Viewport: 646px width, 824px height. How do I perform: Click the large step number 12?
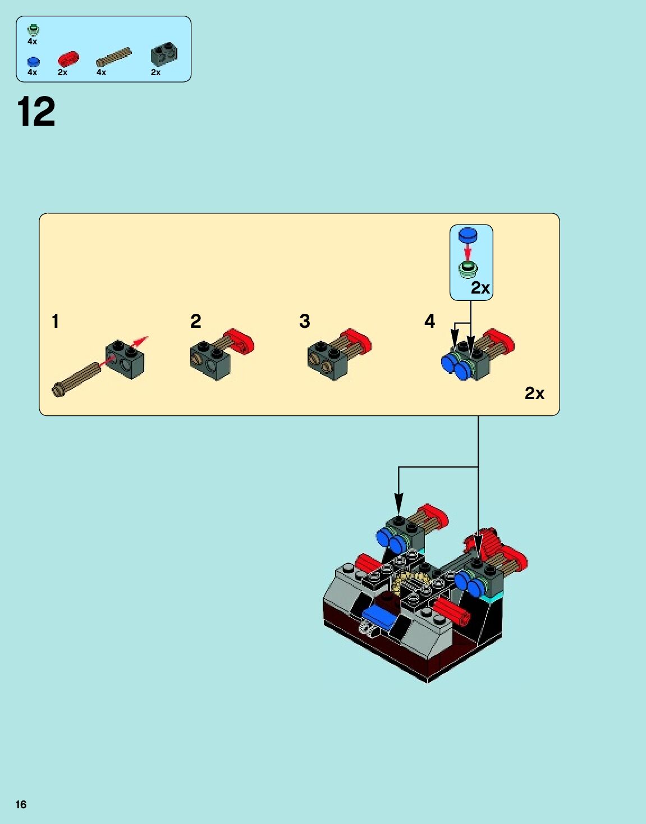[x=36, y=112]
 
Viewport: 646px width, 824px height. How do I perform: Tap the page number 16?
[x=21, y=804]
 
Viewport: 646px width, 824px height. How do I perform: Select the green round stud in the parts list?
[x=33, y=30]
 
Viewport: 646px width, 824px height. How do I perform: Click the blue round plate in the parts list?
[x=33, y=61]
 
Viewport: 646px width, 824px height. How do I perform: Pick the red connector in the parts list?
[x=68, y=59]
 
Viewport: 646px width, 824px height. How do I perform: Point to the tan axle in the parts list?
[x=113, y=57]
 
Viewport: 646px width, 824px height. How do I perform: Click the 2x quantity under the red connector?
[x=62, y=72]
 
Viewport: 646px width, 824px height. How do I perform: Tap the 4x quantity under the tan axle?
[x=101, y=72]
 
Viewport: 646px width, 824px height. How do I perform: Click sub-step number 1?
[x=55, y=321]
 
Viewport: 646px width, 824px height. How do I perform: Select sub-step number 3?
[x=304, y=321]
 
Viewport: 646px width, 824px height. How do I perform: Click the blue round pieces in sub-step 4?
[x=455, y=366]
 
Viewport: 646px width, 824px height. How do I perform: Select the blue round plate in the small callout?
[x=468, y=235]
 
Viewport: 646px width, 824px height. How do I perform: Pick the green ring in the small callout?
[x=467, y=269]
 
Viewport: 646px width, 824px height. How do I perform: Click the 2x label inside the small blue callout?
[x=480, y=288]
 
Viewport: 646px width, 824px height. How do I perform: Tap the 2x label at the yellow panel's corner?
[x=534, y=393]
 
